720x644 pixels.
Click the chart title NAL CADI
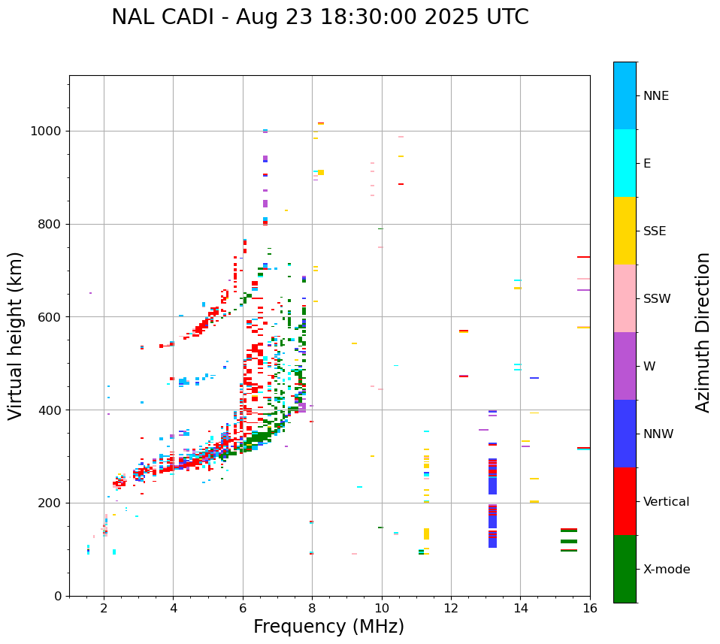click(x=319, y=17)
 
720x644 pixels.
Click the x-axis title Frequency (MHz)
click(x=328, y=627)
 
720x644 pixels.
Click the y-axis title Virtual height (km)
click(x=16, y=336)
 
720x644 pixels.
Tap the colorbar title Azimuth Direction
click(x=703, y=332)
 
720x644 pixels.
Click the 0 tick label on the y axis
click(x=57, y=596)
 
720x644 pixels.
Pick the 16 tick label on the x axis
click(x=590, y=608)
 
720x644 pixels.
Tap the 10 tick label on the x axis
click(x=382, y=608)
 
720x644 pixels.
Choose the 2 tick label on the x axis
click(x=104, y=608)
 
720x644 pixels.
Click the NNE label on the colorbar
click(x=655, y=96)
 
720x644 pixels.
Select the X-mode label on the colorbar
click(x=666, y=570)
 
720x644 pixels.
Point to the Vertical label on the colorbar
click(x=666, y=502)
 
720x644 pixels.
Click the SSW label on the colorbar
click(x=657, y=299)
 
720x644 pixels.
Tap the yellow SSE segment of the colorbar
click(x=625, y=231)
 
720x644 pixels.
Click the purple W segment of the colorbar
click(x=625, y=366)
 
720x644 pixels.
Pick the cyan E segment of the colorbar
click(x=625, y=163)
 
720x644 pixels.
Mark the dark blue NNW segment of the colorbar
click(x=625, y=434)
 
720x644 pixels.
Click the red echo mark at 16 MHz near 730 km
click(x=583, y=257)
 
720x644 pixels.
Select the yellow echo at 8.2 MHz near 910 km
click(x=321, y=172)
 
